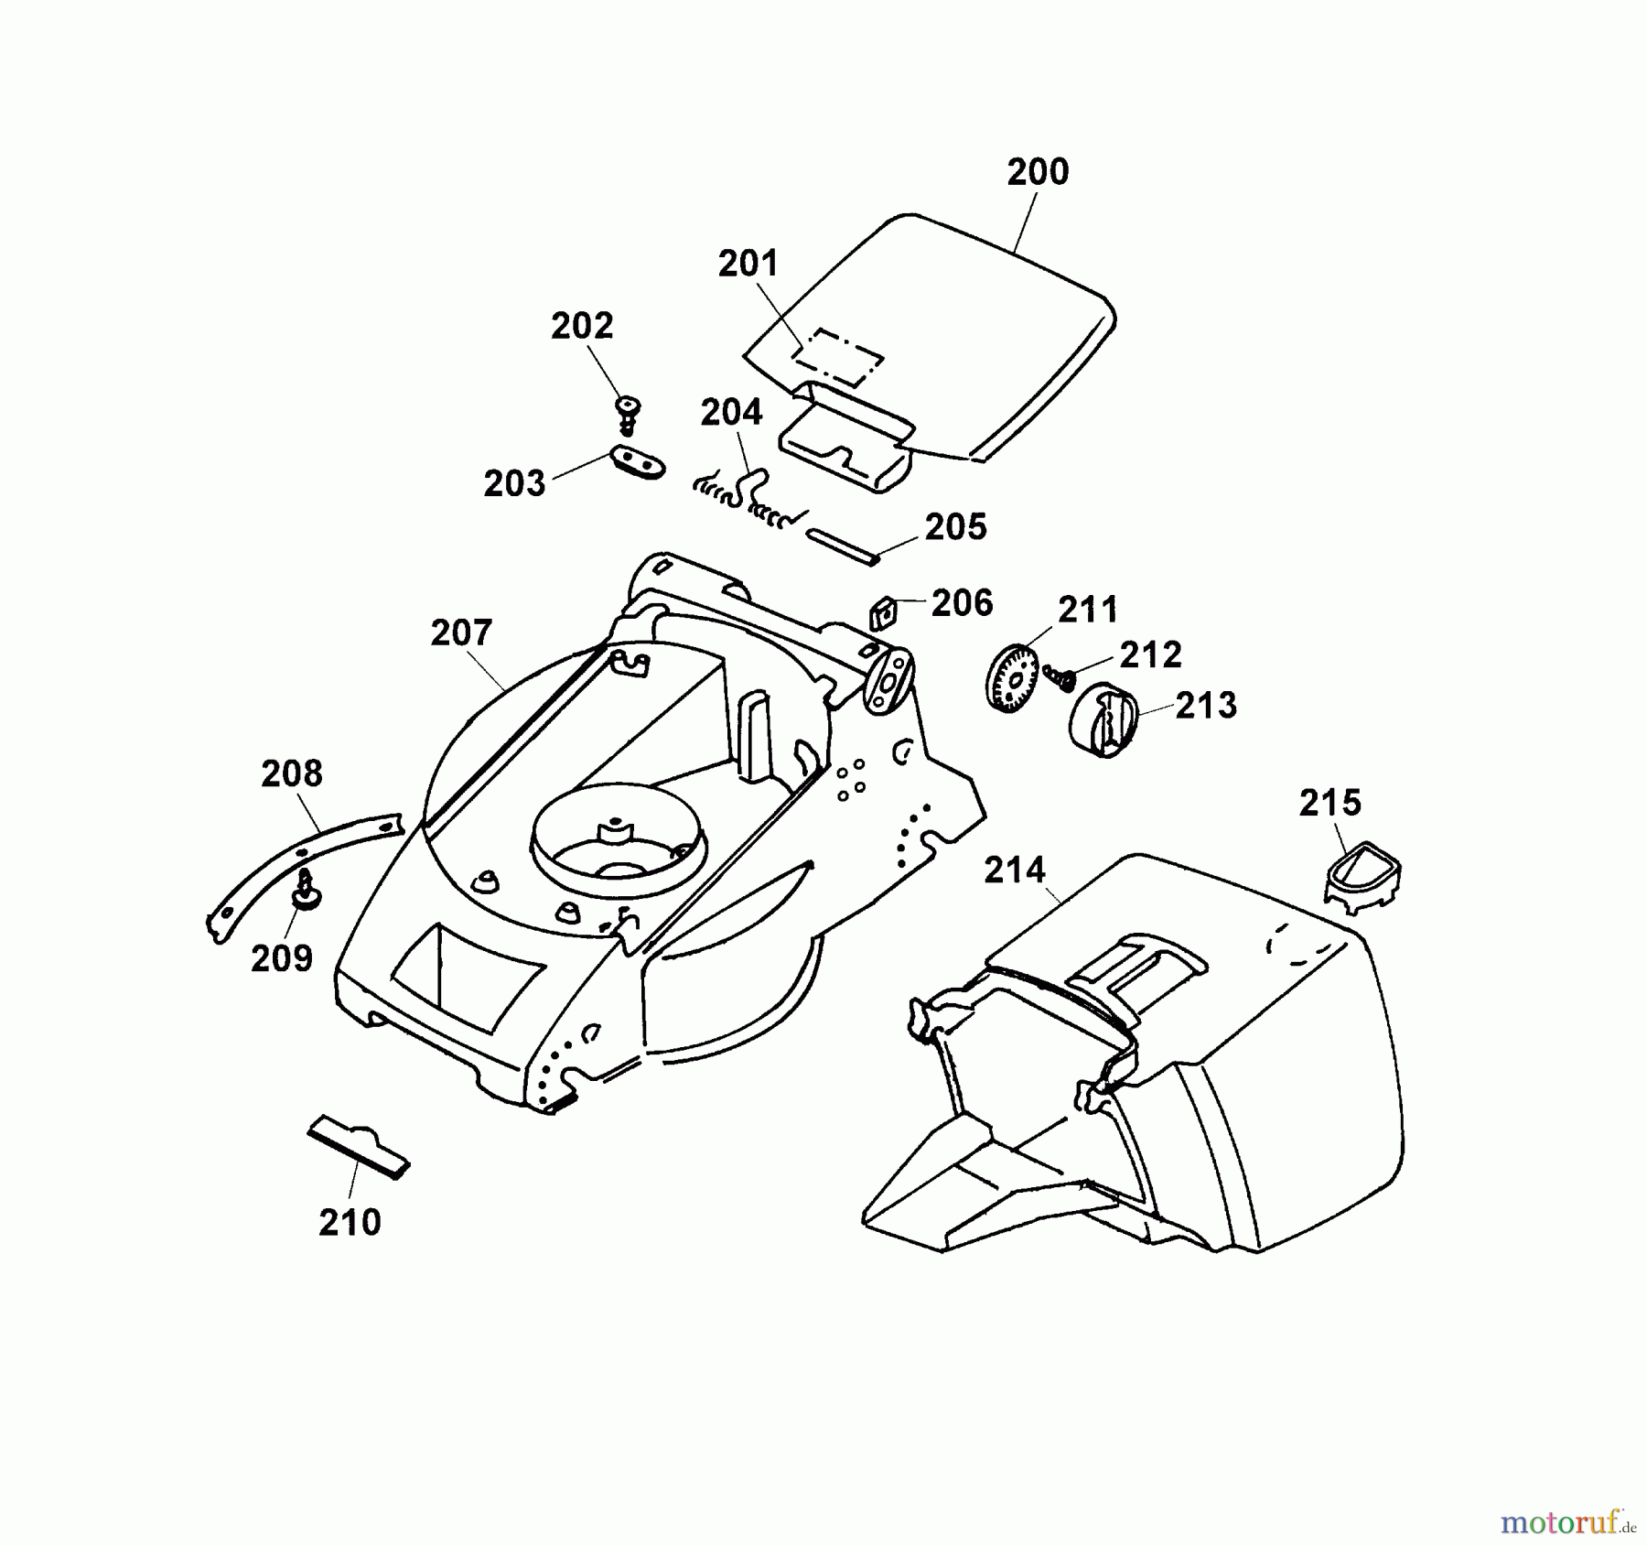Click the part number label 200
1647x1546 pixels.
[x=1037, y=172]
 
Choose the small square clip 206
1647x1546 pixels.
[x=880, y=612]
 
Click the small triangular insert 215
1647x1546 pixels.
[x=1363, y=874]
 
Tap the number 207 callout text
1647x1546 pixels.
[x=461, y=632]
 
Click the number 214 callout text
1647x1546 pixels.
[x=1015, y=870]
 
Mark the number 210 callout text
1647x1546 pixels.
[x=350, y=1222]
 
